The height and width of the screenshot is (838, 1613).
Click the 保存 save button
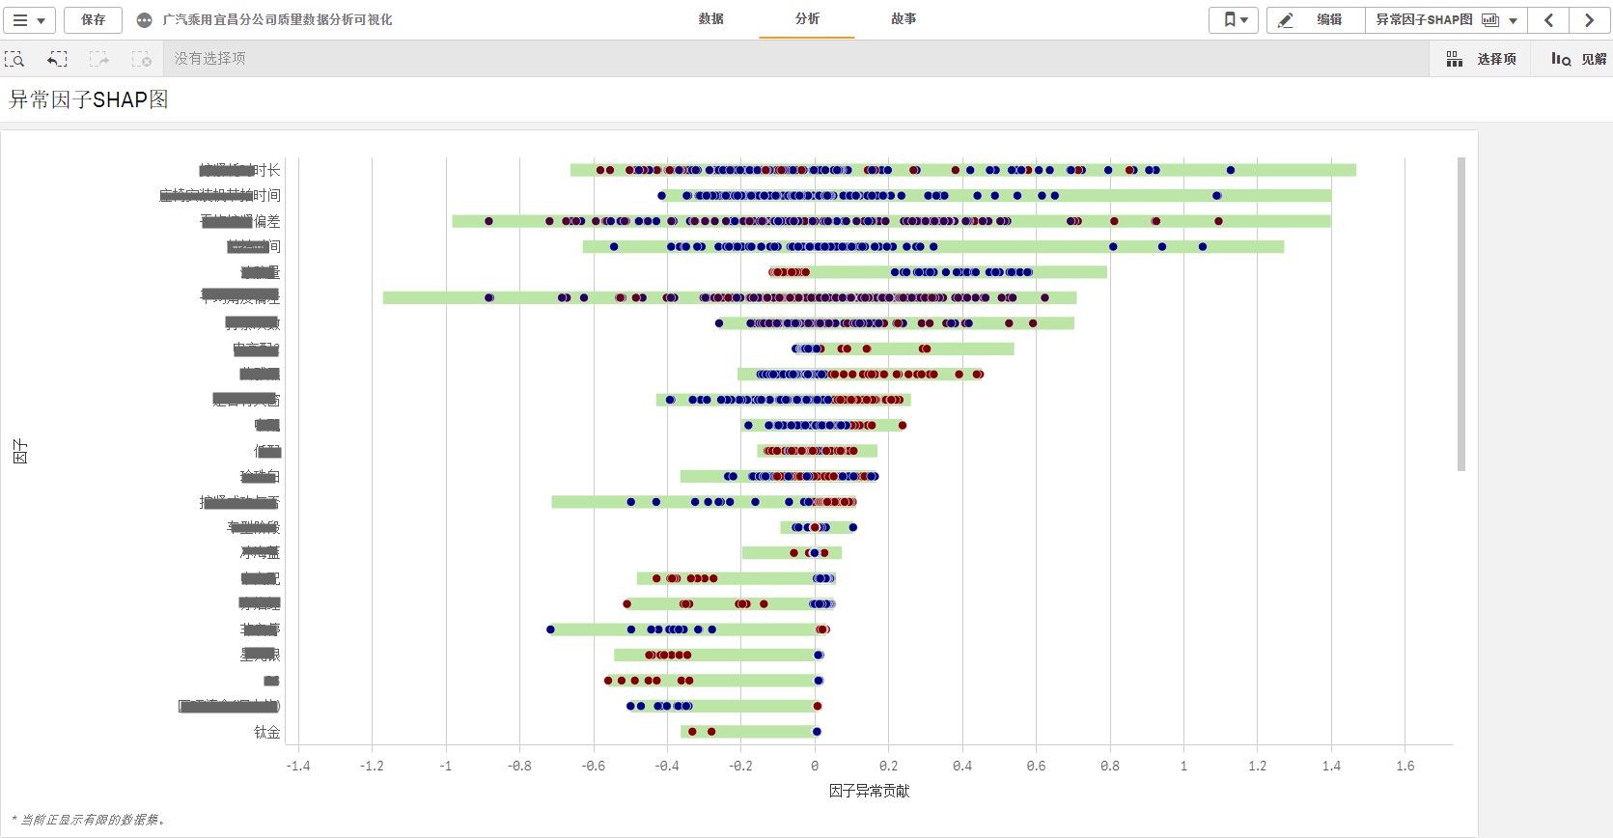93,19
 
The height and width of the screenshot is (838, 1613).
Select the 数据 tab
711,19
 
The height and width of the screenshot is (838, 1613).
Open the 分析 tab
807,19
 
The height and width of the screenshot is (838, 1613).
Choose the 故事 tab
904,19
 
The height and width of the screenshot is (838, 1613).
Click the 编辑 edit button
1316,19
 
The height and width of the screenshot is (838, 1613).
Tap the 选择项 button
1482,59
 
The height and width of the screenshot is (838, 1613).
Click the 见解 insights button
1579,59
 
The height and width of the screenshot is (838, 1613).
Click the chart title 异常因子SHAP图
89,99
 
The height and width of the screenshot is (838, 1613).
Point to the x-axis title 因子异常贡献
869,791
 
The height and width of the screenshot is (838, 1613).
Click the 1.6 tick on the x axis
1404,766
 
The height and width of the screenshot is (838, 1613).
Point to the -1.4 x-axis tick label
298,766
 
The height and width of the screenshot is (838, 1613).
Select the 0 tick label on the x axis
815,766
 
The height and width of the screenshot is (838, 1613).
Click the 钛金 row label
266,732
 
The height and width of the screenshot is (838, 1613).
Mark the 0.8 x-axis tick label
1110,766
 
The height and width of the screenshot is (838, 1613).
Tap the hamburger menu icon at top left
28,19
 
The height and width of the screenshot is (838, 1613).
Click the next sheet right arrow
1589,19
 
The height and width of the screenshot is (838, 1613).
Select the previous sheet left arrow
1548,19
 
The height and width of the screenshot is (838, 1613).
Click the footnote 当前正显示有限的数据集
90,820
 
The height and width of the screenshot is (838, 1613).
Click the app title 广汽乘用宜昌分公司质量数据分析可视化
277,19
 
